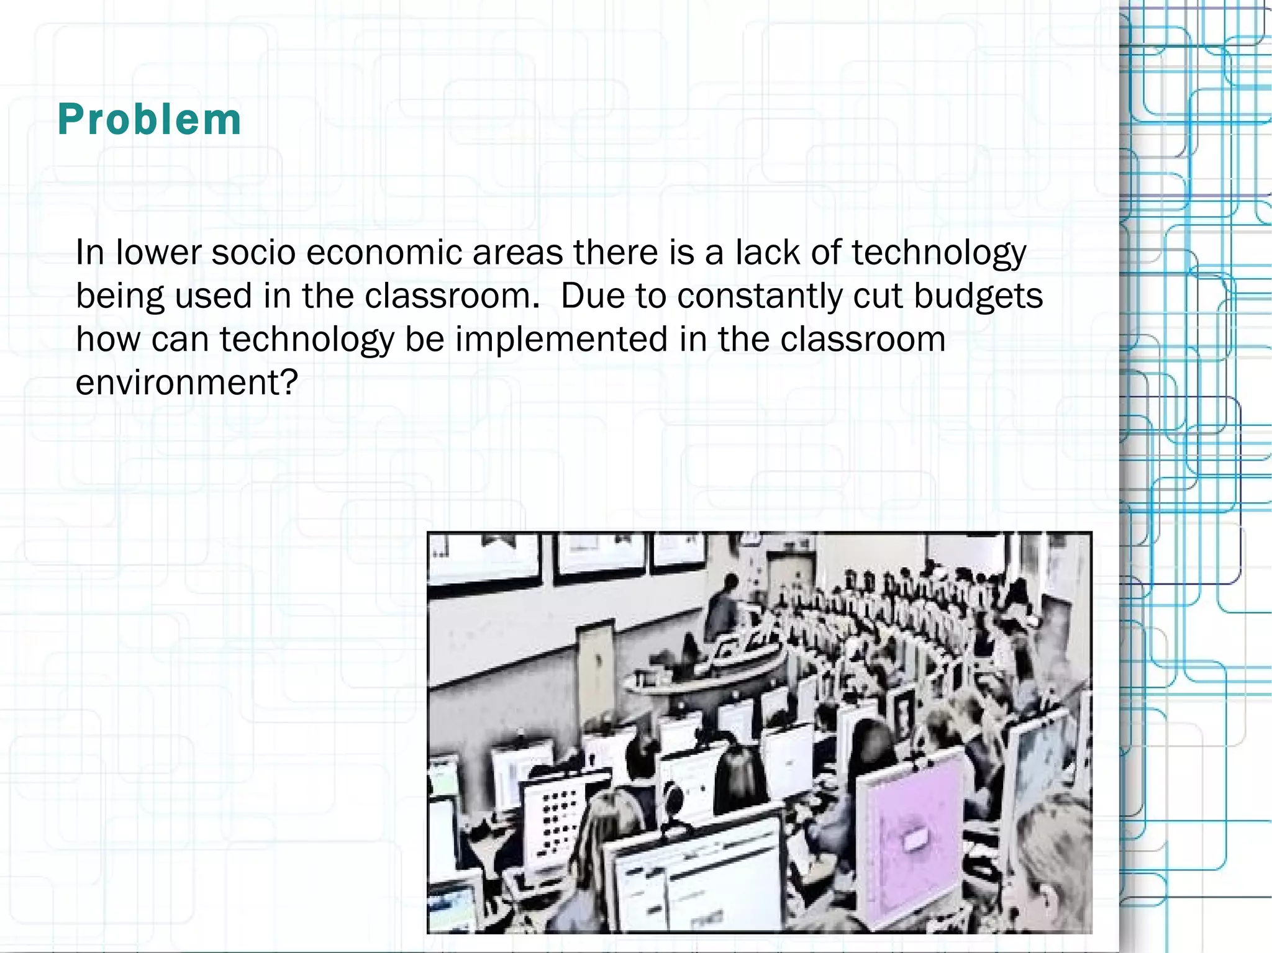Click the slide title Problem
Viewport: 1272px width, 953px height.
coord(149,119)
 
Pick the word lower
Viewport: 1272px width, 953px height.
coord(158,253)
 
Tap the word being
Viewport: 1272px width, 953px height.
coord(120,297)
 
